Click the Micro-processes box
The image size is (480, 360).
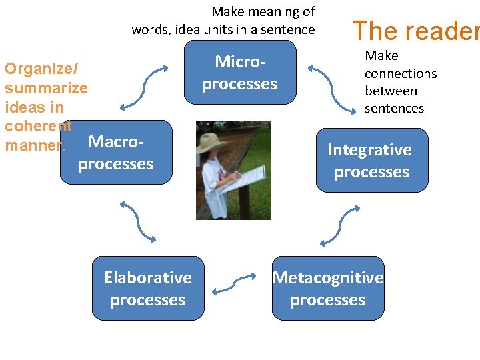[240, 72]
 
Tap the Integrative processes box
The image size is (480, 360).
[371, 161]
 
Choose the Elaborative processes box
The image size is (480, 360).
[148, 289]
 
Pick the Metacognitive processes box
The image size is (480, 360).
[328, 289]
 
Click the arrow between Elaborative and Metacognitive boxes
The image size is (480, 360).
[233, 283]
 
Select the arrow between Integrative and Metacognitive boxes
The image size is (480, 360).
[340, 226]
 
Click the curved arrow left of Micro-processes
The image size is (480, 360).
[143, 86]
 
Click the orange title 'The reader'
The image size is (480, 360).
[415, 31]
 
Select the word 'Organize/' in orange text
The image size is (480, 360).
[41, 69]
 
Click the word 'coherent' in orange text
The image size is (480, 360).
[38, 126]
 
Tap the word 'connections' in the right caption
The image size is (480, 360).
[401, 73]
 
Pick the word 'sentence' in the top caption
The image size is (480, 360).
[288, 29]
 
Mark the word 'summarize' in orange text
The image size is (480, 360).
[46, 88]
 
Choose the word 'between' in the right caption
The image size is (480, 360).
[391, 91]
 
